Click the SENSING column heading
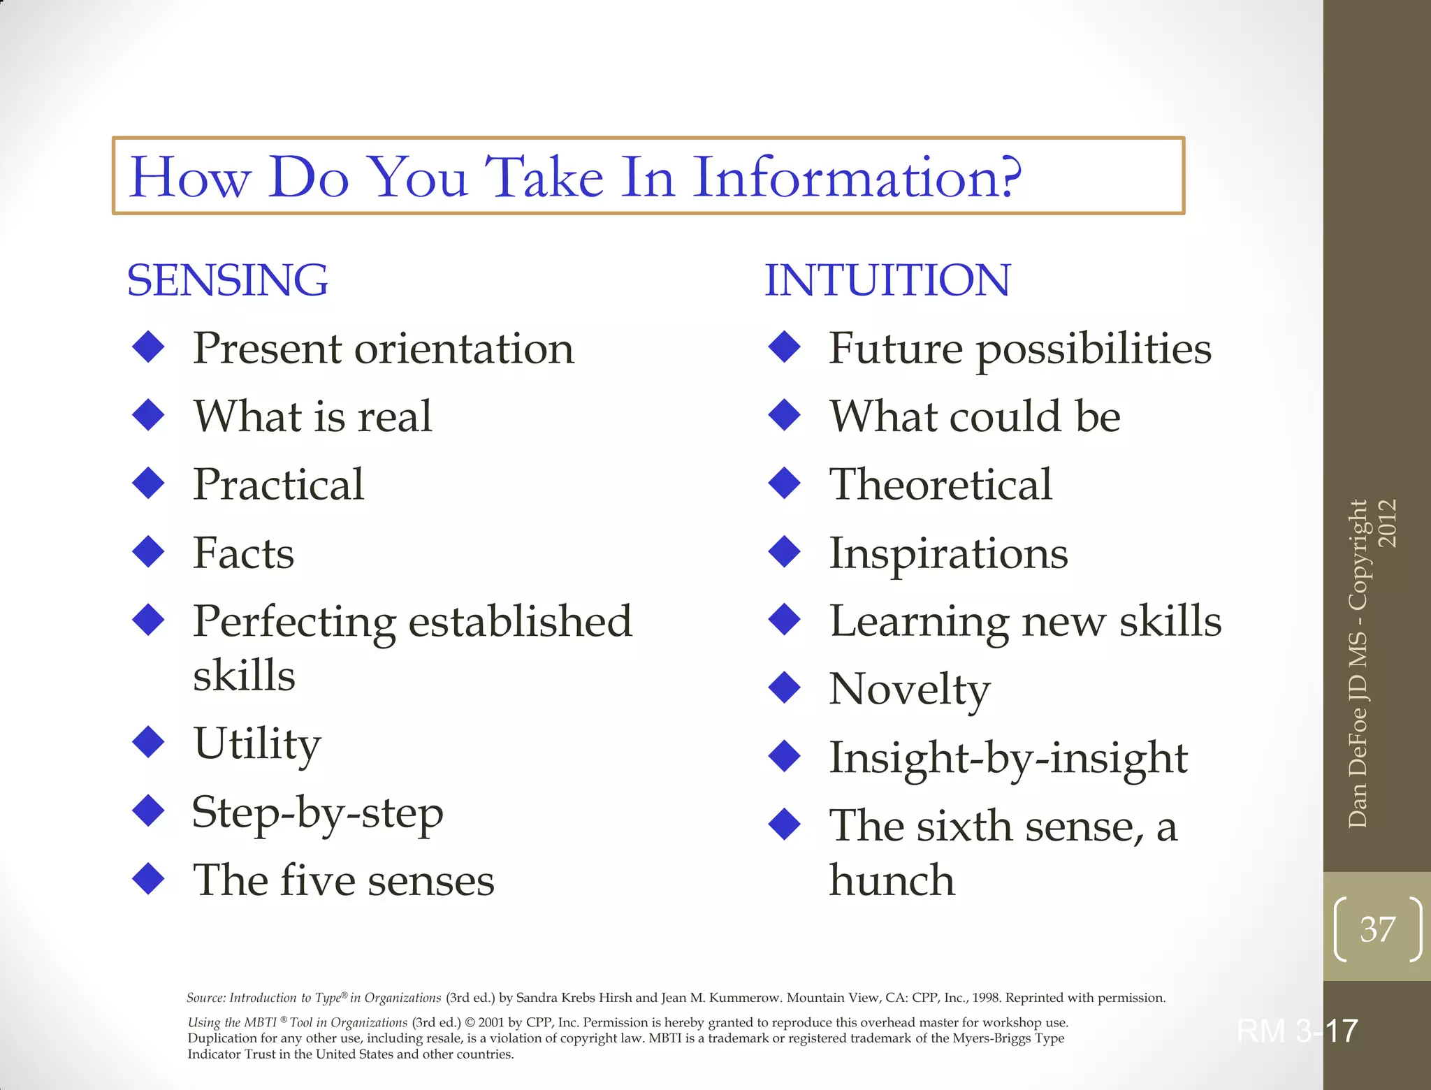(x=227, y=280)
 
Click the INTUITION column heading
(x=887, y=280)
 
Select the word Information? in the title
(x=857, y=177)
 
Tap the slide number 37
(x=1377, y=929)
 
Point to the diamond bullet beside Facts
(x=148, y=551)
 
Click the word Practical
(x=278, y=484)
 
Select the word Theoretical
(x=940, y=484)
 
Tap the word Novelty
(x=909, y=690)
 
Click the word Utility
(x=256, y=743)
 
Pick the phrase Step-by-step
(x=317, y=813)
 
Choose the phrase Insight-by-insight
(x=1008, y=758)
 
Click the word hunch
(x=892, y=880)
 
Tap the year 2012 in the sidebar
(x=1388, y=523)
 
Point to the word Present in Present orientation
(x=268, y=348)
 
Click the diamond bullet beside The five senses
(x=148, y=879)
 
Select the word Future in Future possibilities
(x=896, y=348)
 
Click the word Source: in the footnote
(x=207, y=998)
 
